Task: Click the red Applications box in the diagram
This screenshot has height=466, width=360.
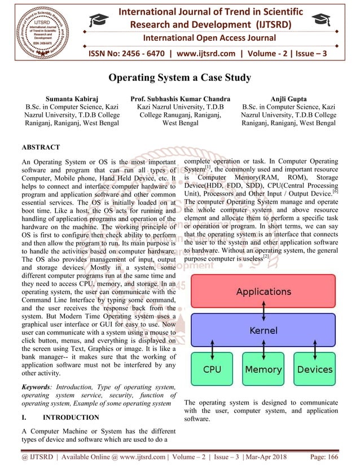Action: (x=263, y=292)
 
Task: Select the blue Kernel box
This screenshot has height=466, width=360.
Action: (x=263, y=331)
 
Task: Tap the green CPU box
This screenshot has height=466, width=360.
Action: (x=212, y=370)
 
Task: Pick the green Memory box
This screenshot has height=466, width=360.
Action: (x=263, y=370)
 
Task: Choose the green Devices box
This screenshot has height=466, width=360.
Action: (x=314, y=370)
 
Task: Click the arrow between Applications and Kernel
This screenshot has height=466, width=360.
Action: (x=263, y=311)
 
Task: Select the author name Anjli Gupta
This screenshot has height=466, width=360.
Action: (x=288, y=98)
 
